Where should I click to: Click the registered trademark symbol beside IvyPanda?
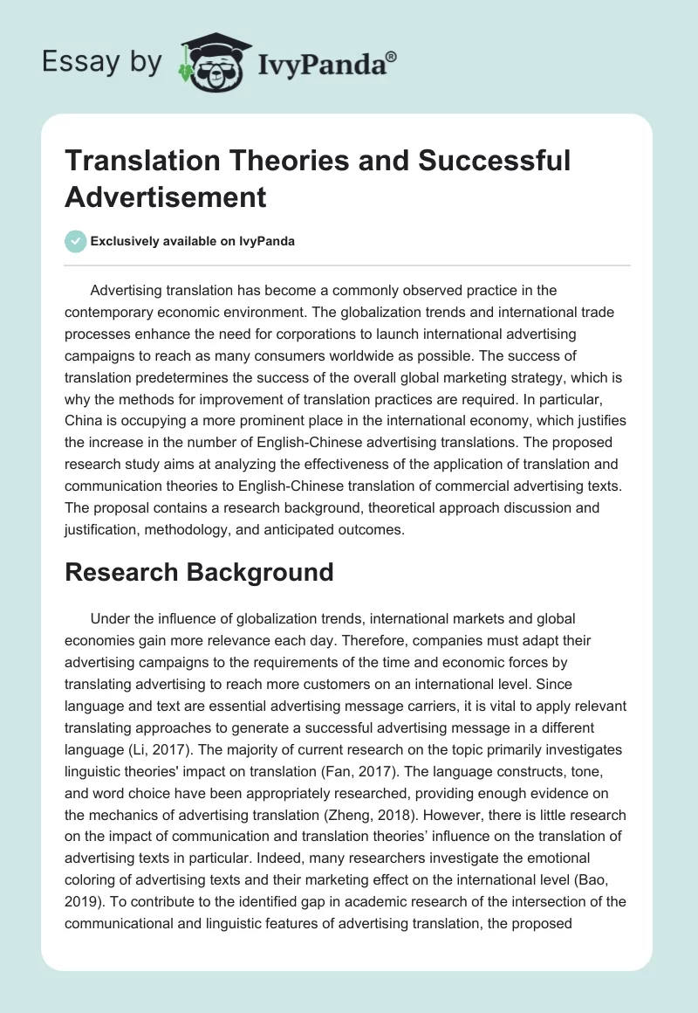point(392,56)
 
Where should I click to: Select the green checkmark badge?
point(76,241)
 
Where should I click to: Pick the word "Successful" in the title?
point(489,161)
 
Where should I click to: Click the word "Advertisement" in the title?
point(166,197)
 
